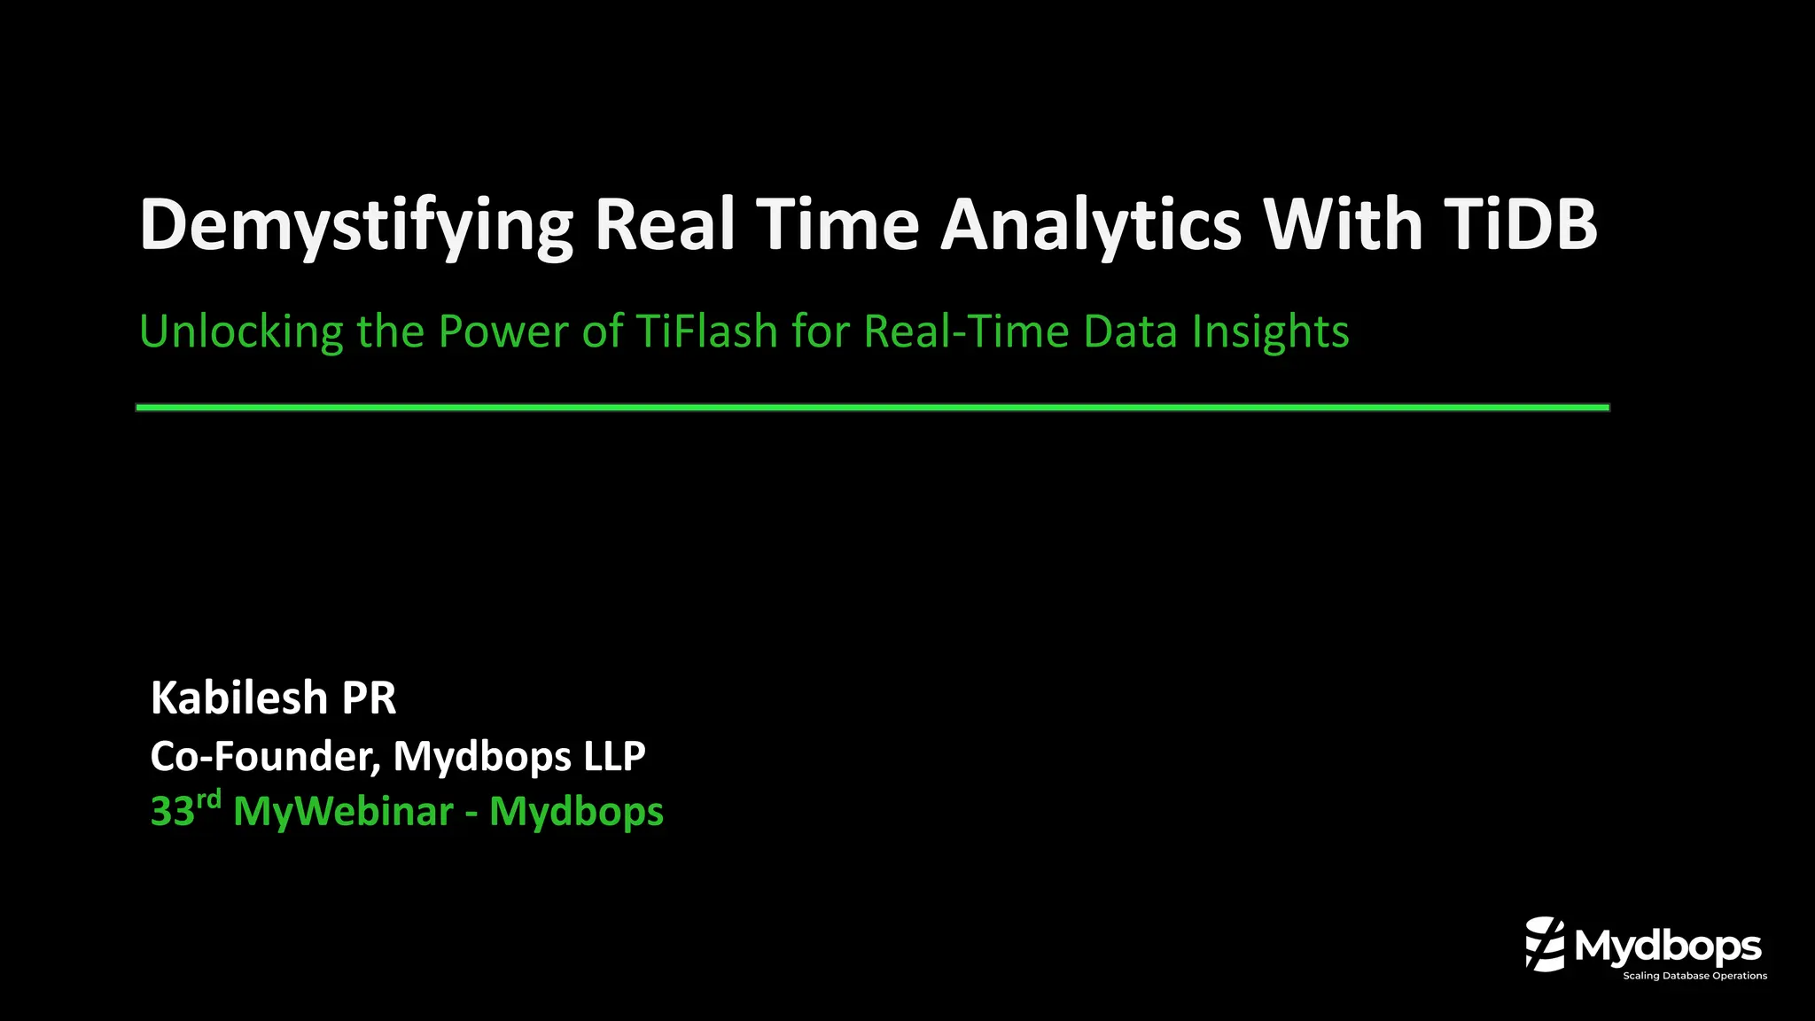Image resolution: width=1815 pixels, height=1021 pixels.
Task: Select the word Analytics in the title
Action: click(1090, 226)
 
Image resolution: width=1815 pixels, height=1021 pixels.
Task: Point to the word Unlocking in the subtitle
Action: click(240, 332)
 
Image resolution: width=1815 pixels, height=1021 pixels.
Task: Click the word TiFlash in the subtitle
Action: click(706, 331)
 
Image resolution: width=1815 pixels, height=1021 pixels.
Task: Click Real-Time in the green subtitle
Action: click(966, 331)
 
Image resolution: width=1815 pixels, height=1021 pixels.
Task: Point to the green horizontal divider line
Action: click(872, 408)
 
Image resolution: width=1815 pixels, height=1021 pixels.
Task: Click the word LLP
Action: click(614, 756)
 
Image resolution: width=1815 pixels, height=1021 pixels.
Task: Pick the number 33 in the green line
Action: click(172, 812)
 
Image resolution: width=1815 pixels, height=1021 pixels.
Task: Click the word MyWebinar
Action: click(343, 812)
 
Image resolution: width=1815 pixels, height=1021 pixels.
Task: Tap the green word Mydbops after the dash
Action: click(576, 812)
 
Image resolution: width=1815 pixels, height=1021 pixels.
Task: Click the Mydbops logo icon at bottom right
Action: click(1545, 944)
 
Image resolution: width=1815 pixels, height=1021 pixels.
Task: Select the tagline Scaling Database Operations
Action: click(1694, 976)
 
